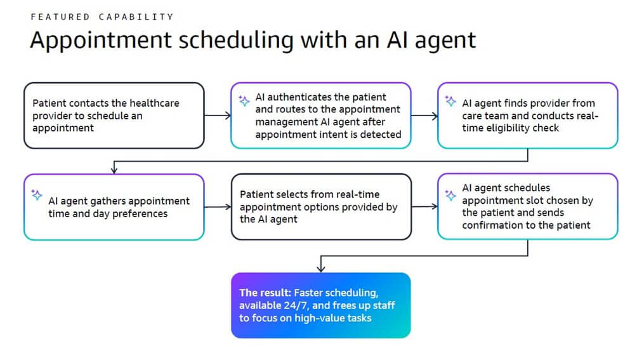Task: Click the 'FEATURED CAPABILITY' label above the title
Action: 102,17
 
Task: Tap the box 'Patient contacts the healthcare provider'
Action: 114,115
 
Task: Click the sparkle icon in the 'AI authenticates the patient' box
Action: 243,100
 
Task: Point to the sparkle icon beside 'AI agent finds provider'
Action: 450,100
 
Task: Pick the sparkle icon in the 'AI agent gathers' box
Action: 37,195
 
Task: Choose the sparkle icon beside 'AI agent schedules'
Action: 450,195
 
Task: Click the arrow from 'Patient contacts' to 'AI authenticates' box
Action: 217,116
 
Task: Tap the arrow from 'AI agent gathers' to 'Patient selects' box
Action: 217,207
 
